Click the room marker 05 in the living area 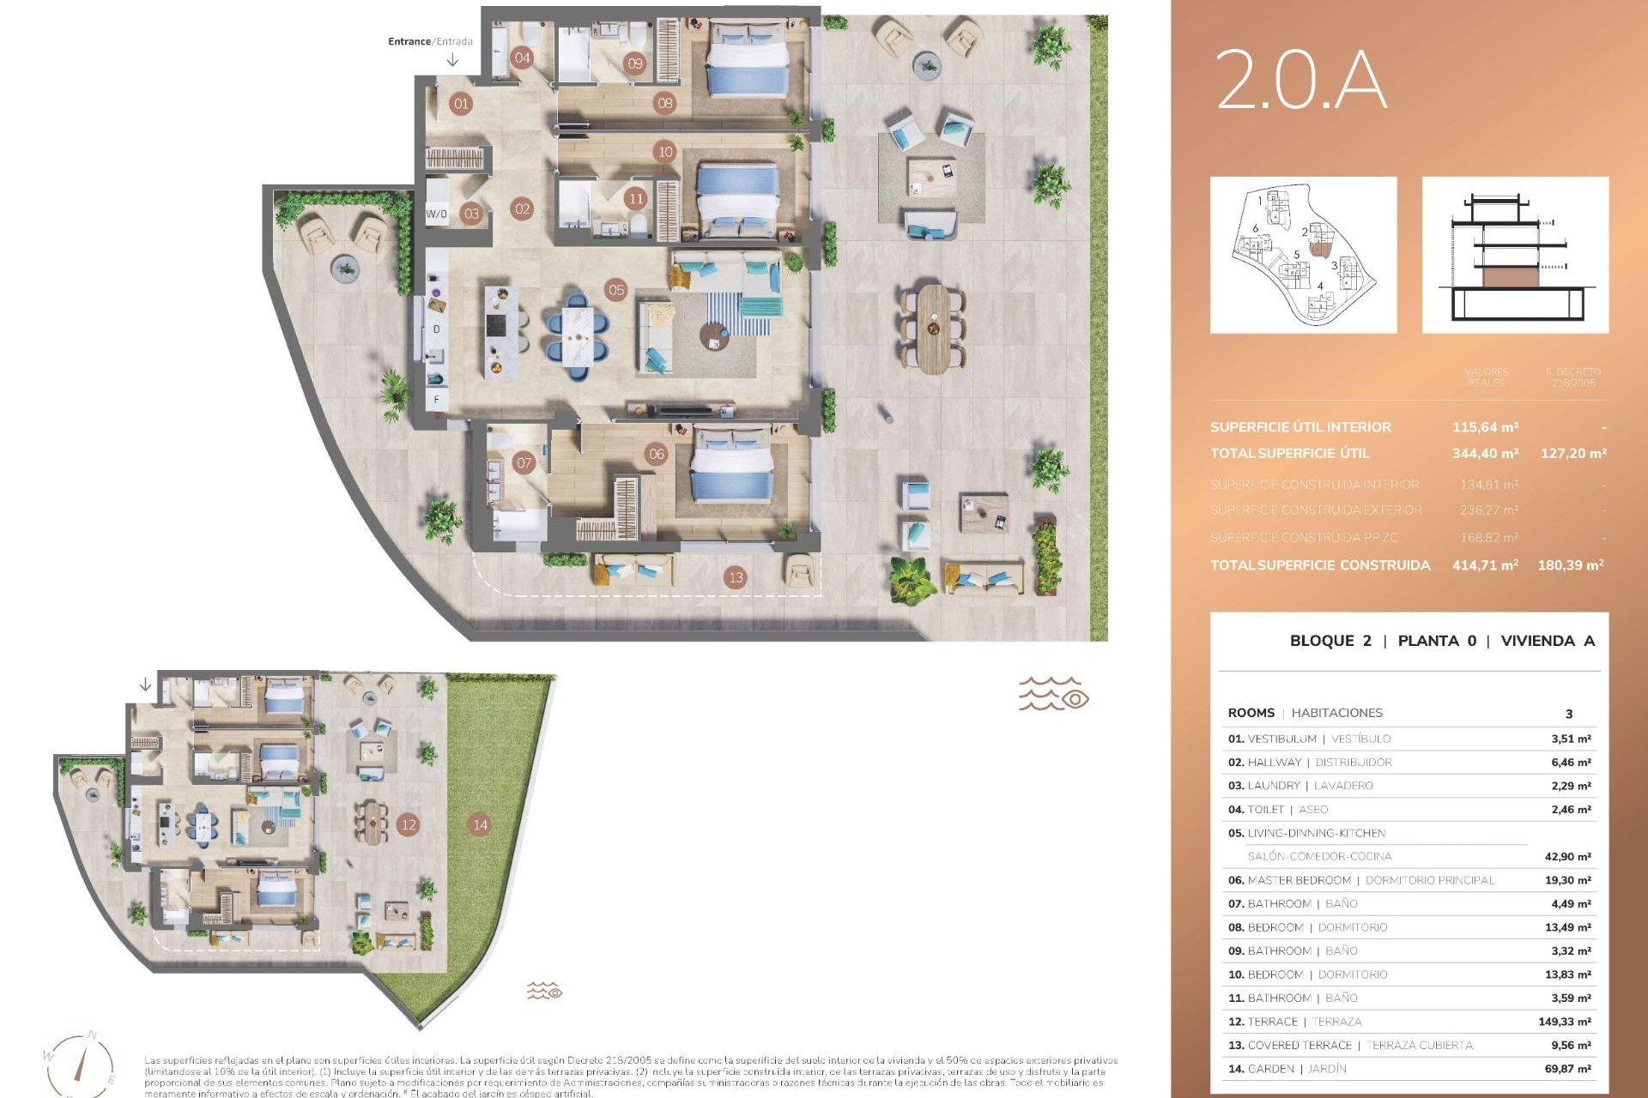(616, 290)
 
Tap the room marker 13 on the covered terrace (736, 577)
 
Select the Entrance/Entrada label (430, 41)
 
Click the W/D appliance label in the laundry (437, 214)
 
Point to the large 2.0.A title (1301, 79)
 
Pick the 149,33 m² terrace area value (1564, 1022)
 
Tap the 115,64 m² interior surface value (1485, 427)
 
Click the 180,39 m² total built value (1571, 565)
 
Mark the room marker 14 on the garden (480, 825)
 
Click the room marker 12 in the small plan (409, 825)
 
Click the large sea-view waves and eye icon (1053, 693)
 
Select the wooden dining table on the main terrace (933, 329)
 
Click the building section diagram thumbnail (1515, 255)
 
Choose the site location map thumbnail (1303, 255)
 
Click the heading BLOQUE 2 (1330, 641)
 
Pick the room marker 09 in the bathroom (635, 63)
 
